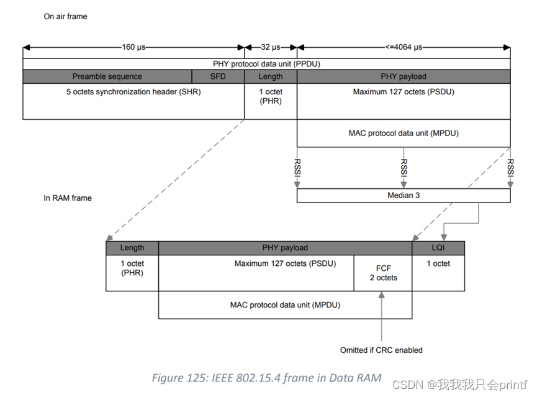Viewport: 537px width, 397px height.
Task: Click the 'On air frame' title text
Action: (65, 17)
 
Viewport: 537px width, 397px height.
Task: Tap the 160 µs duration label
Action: (134, 47)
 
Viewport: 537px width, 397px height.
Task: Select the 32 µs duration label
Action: (271, 47)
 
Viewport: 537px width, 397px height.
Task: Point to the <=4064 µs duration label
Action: (404, 47)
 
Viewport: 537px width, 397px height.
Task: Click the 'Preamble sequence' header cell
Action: (107, 76)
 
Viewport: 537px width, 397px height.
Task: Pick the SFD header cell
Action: (218, 76)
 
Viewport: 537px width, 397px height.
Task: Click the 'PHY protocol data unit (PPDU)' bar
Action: (266, 63)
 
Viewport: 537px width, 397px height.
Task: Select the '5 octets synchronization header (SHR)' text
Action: (133, 92)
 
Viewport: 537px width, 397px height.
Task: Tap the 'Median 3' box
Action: (404, 196)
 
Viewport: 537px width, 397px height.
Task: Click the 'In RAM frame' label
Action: (68, 198)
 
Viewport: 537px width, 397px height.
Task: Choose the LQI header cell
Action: (438, 248)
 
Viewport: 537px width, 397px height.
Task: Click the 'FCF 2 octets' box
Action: (383, 273)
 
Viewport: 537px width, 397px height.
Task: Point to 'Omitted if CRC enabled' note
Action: (381, 350)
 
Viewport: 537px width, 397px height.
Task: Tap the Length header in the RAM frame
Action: (132, 248)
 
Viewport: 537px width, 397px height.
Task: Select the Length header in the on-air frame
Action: (271, 76)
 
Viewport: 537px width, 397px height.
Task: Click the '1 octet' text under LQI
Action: (438, 263)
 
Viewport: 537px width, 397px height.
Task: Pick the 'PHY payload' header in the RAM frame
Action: (285, 248)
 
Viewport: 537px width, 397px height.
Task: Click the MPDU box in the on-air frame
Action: (404, 133)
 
